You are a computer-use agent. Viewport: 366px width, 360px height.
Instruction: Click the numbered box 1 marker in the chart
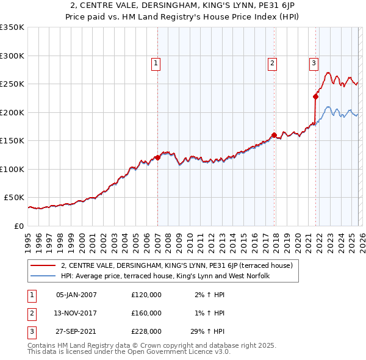[x=156, y=62]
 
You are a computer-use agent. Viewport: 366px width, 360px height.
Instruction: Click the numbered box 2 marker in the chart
[x=271, y=62]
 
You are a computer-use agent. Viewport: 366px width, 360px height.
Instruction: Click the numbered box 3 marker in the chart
[x=314, y=62]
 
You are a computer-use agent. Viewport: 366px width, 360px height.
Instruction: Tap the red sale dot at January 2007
[x=157, y=157]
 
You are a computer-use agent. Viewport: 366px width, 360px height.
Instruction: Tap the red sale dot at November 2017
[x=274, y=135]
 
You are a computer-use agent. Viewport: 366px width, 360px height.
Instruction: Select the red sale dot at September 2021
[x=316, y=96]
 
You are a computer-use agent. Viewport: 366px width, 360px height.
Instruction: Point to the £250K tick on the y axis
[x=12, y=84]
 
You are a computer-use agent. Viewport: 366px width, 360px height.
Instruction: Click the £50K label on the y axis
[x=14, y=198]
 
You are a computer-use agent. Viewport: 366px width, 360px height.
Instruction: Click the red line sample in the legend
[x=43, y=265]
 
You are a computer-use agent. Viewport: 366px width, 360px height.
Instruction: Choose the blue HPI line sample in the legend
[x=43, y=276]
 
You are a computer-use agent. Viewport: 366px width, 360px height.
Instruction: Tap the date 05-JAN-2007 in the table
[x=76, y=295]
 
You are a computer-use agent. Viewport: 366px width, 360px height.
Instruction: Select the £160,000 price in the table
[x=146, y=313]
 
